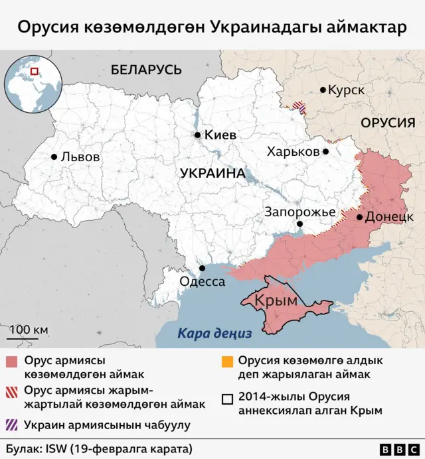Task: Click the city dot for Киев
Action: [198, 135]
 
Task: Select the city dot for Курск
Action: [323, 90]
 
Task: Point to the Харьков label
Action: [293, 151]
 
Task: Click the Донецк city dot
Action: [359, 217]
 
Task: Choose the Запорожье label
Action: [299, 212]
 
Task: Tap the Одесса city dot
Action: [203, 269]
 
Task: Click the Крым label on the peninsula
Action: [276, 300]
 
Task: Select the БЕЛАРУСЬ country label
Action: [146, 69]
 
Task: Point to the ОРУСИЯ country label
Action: [388, 123]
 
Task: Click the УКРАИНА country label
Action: [212, 173]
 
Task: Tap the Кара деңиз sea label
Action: [214, 334]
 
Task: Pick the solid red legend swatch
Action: [12, 363]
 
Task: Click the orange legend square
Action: [227, 363]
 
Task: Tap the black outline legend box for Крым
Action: [227, 399]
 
